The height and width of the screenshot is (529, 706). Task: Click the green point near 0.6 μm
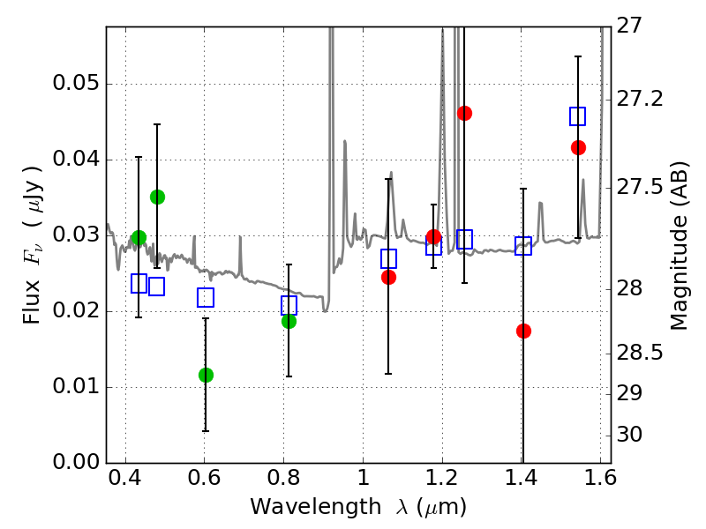[x=206, y=375]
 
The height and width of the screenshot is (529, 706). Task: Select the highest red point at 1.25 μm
[x=464, y=113]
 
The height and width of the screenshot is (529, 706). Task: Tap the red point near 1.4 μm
[x=523, y=331]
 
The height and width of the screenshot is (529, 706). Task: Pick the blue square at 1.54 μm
[x=578, y=116]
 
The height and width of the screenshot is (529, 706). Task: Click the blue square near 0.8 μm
[x=289, y=306]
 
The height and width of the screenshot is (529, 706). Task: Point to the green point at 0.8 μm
[x=289, y=321]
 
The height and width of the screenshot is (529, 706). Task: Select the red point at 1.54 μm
[x=578, y=147]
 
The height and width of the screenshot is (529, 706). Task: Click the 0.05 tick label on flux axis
[x=75, y=85]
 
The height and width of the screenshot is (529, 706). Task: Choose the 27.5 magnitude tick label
[x=642, y=188]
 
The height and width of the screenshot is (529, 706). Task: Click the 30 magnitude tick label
[x=632, y=435]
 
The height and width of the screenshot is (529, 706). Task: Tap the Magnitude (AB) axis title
[x=679, y=245]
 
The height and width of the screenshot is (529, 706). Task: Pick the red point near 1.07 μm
[x=388, y=277]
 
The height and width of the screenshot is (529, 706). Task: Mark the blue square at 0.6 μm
[x=206, y=298]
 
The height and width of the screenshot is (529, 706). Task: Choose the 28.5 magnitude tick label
[x=642, y=353]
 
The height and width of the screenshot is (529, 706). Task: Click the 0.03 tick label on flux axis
[x=75, y=235]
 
